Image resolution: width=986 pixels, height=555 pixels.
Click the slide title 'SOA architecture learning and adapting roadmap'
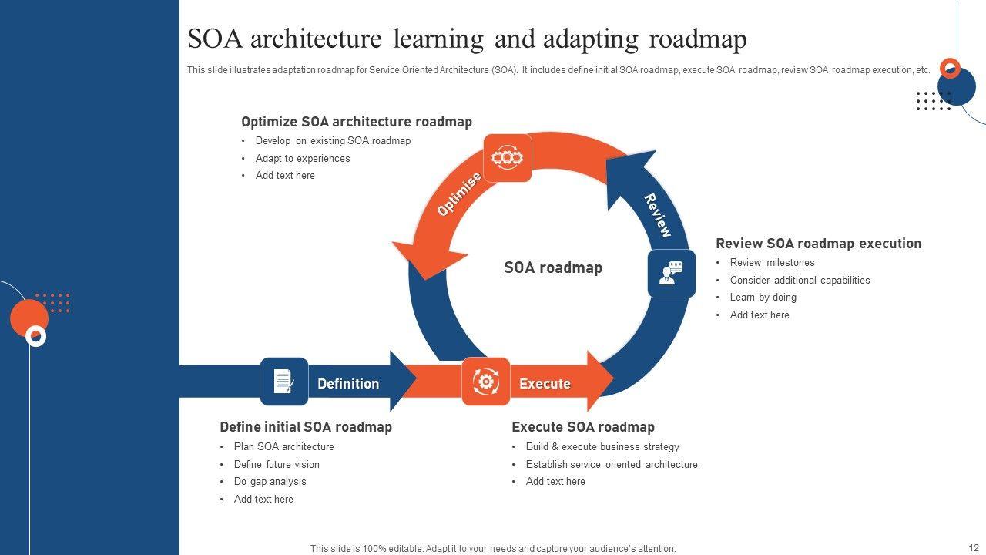coord(467,39)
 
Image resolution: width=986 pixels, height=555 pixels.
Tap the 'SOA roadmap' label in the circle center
coord(552,267)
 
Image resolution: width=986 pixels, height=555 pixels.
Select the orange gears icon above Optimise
coord(507,158)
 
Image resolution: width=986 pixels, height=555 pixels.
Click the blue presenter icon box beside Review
coord(671,273)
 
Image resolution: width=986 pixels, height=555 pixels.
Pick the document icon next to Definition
coord(283,382)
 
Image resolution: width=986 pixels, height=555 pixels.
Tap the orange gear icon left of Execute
coord(485,382)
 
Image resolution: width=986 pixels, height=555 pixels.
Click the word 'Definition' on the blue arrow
coord(348,383)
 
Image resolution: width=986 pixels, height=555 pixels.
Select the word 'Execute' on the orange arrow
coord(545,383)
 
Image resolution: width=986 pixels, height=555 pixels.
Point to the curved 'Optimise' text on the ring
coord(459,194)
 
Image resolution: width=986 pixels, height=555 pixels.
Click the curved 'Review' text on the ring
coord(657,215)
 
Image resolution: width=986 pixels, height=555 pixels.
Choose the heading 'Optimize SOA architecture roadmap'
coord(357,122)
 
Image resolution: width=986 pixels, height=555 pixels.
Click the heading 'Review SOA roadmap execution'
coord(818,244)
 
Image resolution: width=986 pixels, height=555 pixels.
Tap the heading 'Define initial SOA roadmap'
coord(306,427)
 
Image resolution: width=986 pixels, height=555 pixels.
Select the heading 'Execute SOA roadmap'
coord(583,427)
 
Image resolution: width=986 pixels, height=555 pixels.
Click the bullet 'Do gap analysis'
coord(270,482)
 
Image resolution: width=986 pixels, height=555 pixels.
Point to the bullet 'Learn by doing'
coord(763,298)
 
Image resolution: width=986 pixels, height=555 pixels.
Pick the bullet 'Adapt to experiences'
coord(303,158)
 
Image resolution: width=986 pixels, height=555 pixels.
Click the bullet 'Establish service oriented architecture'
coord(612,464)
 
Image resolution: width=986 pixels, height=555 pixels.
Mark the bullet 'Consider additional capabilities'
coord(800,280)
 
